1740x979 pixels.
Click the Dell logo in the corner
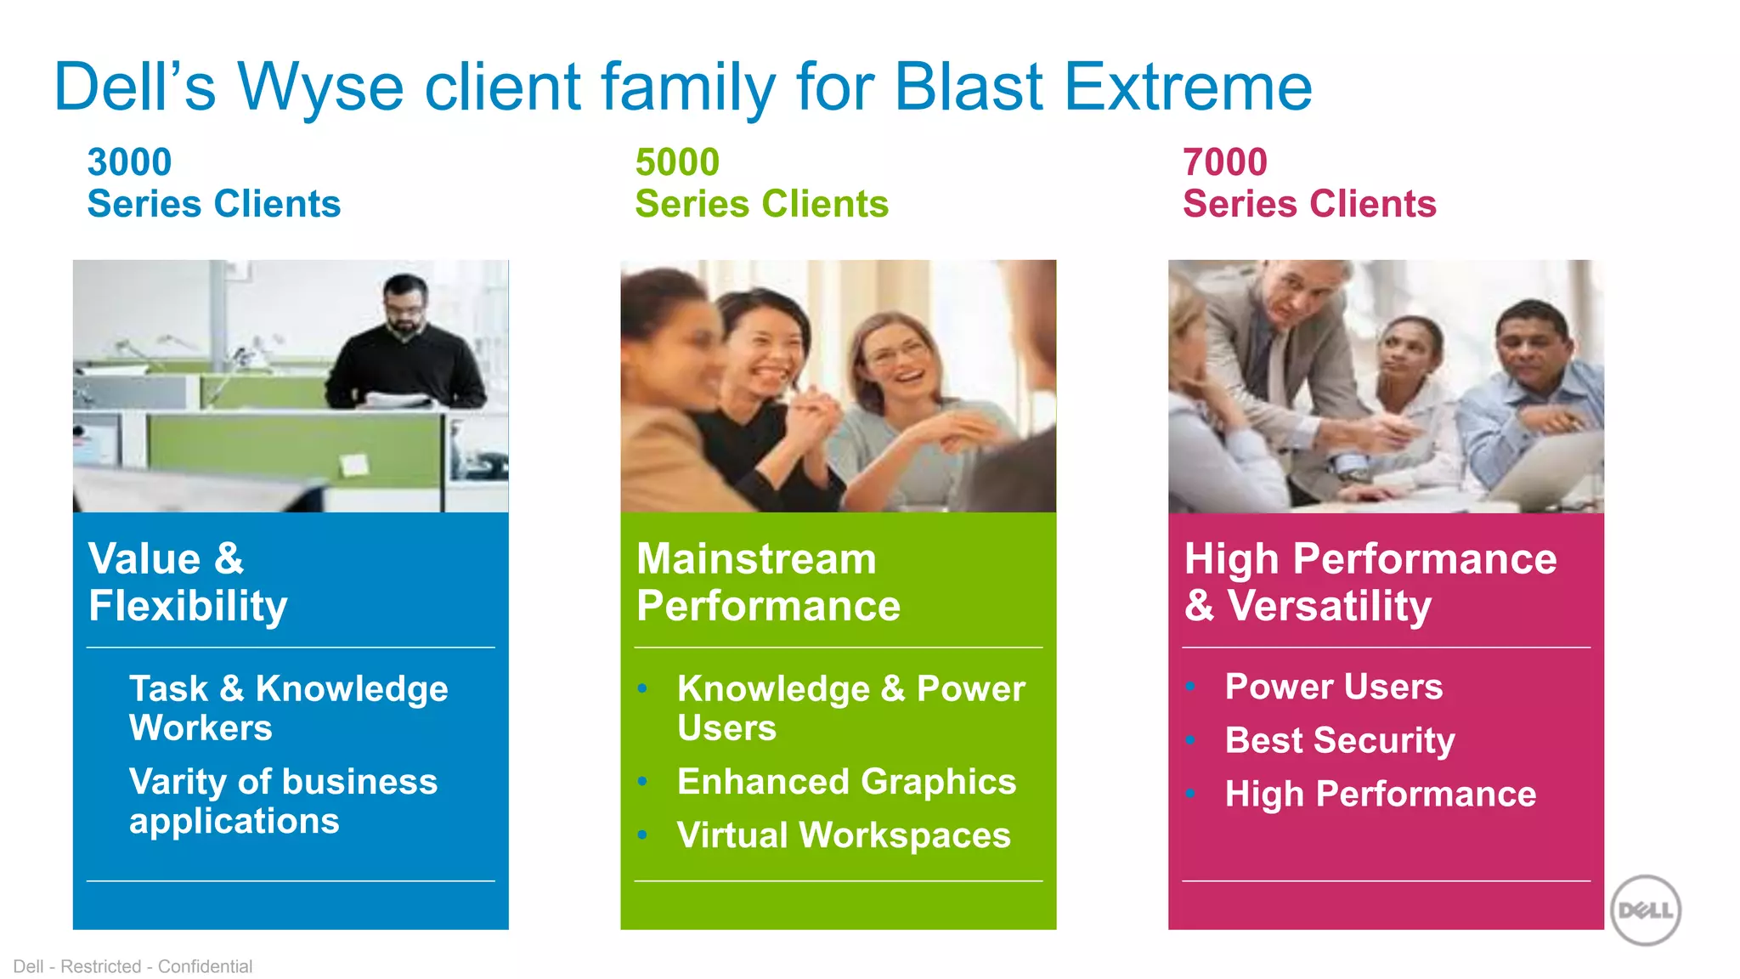coord(1646,910)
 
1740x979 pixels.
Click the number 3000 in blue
coord(129,162)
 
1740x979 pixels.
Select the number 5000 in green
coord(677,162)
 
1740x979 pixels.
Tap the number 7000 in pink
coord(1224,162)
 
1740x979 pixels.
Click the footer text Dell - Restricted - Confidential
coord(133,966)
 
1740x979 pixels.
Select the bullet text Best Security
coord(1339,740)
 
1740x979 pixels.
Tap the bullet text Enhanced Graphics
coord(846,782)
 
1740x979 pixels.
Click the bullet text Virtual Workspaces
coord(844,835)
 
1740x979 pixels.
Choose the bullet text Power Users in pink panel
coord(1333,687)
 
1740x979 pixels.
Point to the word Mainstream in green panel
coord(756,559)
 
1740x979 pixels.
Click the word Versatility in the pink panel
coord(1329,606)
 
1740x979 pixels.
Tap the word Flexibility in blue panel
coord(188,607)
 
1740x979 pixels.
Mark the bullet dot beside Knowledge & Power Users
coord(643,688)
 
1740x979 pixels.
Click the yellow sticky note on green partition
coord(353,464)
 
